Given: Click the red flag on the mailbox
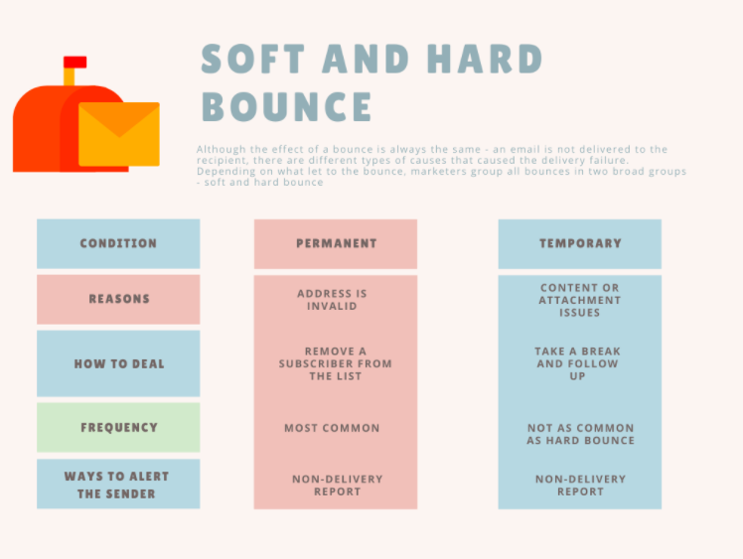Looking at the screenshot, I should [74, 62].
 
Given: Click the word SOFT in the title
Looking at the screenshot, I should [252, 60].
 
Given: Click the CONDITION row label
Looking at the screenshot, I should [118, 243].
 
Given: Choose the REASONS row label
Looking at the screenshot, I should [118, 299].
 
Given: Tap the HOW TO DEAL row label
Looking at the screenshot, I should [118, 363].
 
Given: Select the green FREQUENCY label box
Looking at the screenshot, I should [118, 427].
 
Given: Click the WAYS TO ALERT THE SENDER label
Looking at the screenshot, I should [117, 485].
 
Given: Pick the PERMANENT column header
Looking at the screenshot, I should [336, 243].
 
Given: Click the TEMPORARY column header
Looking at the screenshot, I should [580, 243].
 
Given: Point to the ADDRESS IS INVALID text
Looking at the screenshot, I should [332, 300].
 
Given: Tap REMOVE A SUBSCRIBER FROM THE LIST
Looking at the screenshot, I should [335, 363].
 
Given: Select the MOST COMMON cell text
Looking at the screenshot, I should [332, 428].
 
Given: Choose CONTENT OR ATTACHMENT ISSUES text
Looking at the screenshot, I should [579, 300].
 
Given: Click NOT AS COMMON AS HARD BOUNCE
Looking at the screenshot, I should [580, 434].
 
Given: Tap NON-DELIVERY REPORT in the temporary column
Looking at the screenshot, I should [580, 486].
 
